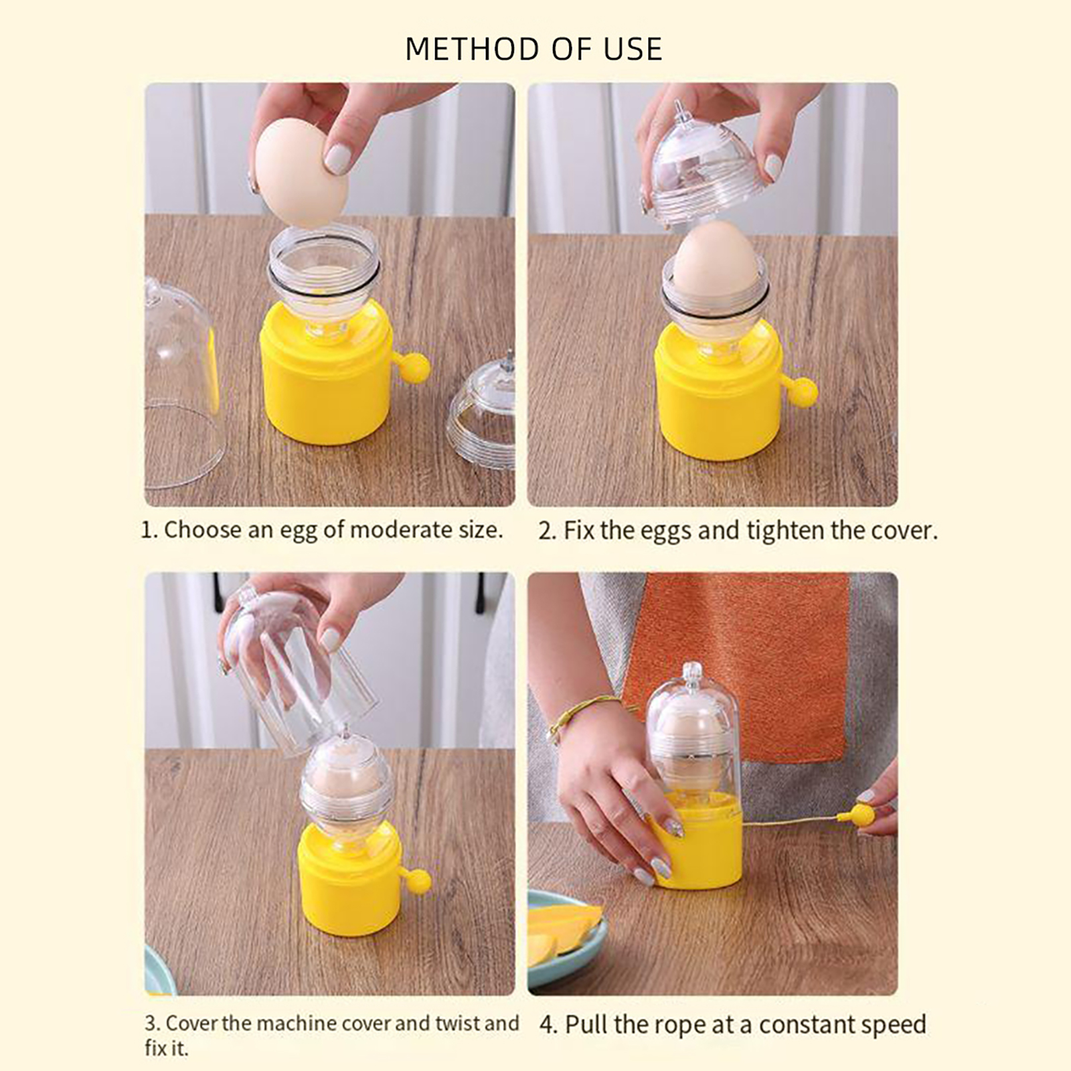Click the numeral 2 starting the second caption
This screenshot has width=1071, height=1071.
coord(545,531)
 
